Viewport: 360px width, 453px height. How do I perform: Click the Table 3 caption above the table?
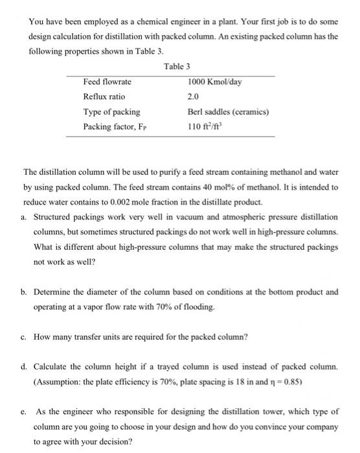point(176,66)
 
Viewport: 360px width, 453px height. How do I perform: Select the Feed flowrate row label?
point(107,82)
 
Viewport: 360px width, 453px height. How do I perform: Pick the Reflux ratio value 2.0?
point(193,96)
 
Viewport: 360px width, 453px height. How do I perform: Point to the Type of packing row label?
point(111,111)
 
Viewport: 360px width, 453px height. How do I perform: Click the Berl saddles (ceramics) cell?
point(227,111)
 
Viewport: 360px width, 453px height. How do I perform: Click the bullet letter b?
point(25,291)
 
